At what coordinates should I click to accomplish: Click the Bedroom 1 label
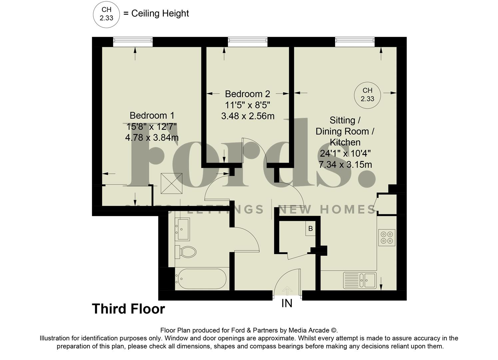pyautogui.click(x=152, y=116)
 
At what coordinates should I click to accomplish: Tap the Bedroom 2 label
pyautogui.click(x=247, y=94)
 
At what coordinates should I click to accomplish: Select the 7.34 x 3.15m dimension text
pyautogui.click(x=345, y=165)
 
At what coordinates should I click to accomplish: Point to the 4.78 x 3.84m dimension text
pyautogui.click(x=152, y=137)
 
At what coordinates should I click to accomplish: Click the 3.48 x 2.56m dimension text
pyautogui.click(x=248, y=116)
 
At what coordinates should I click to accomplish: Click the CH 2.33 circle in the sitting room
pyautogui.click(x=367, y=95)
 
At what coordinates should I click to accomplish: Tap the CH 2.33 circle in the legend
pyautogui.click(x=106, y=14)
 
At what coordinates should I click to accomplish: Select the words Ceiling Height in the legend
pyautogui.click(x=160, y=13)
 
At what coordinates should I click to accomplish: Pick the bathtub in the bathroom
pyautogui.click(x=201, y=279)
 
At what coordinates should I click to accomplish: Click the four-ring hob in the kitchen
pyautogui.click(x=387, y=237)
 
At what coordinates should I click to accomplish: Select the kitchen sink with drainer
pyautogui.click(x=360, y=280)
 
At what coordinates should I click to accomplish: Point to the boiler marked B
pyautogui.click(x=310, y=229)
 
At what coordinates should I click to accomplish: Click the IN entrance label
pyautogui.click(x=287, y=303)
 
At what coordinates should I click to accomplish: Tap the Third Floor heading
pyautogui.click(x=128, y=309)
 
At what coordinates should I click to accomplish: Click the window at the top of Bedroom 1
pyautogui.click(x=133, y=42)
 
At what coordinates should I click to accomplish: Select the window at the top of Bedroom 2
pyautogui.click(x=248, y=42)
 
